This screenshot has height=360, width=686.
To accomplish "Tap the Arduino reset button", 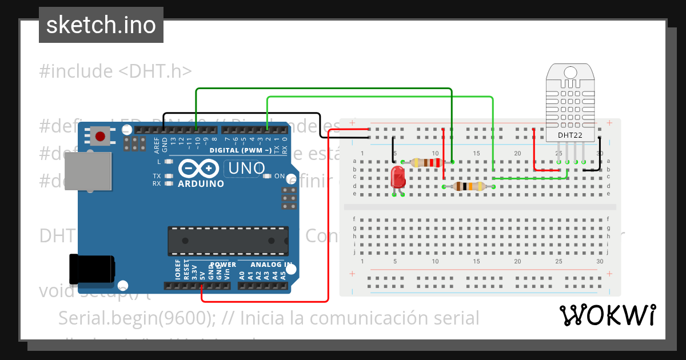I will click(x=101, y=137).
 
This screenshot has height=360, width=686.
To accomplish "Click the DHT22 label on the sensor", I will click(x=570, y=135).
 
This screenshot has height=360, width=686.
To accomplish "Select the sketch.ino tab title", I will click(x=101, y=25).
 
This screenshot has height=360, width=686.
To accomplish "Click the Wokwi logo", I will click(x=607, y=315).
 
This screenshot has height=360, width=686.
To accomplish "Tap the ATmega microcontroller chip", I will click(x=228, y=241).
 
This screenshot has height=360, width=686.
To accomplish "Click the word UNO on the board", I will click(x=247, y=168).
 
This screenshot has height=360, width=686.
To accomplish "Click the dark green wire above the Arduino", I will click(x=320, y=89).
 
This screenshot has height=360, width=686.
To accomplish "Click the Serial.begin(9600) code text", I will click(x=269, y=318).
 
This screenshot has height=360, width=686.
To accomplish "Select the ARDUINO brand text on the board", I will click(x=201, y=184).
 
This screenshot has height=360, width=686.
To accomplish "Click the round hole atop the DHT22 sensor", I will click(x=570, y=73).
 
